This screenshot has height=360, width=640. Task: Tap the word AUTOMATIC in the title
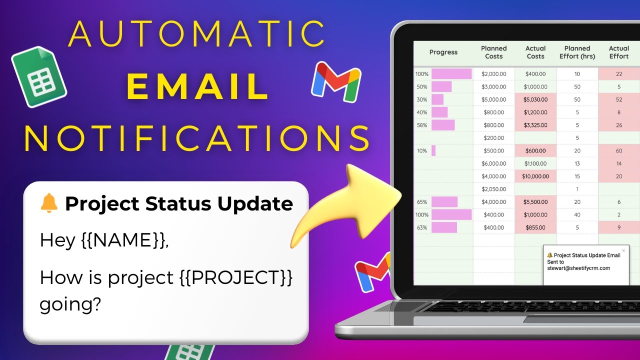tap(197, 33)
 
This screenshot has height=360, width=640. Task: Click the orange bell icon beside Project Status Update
tap(49, 203)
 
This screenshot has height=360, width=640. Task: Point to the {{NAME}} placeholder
tap(125, 240)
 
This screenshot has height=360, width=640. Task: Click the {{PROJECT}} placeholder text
tap(236, 277)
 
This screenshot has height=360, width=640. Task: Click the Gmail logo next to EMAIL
tap(336, 82)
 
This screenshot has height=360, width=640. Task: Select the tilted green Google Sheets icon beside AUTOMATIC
tap(39, 77)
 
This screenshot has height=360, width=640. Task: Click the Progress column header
tap(443, 52)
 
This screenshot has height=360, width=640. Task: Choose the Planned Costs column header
tap(493, 52)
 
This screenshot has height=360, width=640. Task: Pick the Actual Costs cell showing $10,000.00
tap(535, 176)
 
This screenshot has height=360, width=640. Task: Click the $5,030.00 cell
tap(535, 99)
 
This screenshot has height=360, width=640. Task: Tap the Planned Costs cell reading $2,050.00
tap(493, 189)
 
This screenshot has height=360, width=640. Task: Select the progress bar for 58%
tap(443, 125)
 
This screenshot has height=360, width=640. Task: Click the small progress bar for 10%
tap(433, 150)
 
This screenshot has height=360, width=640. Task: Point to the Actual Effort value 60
tap(619, 150)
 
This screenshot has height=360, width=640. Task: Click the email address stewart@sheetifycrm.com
tap(578, 268)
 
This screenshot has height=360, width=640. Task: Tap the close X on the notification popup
tap(623, 250)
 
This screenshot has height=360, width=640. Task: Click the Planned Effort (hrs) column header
tap(577, 52)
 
